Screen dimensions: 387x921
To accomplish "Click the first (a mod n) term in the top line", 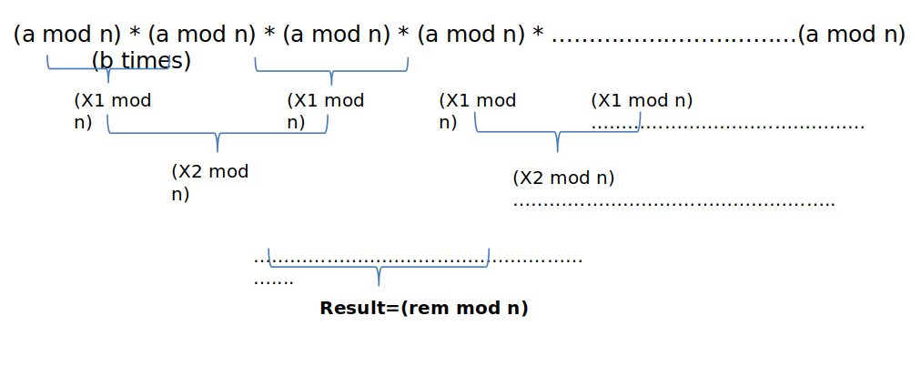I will point(66,35).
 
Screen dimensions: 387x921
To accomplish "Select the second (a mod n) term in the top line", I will point(201,35).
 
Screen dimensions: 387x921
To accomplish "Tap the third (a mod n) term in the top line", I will point(336,35).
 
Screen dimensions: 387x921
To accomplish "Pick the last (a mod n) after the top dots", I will point(851,35).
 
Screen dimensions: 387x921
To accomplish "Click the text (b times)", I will point(141,61).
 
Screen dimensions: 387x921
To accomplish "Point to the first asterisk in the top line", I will point(135,36).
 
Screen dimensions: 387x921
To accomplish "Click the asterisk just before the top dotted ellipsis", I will point(538,36).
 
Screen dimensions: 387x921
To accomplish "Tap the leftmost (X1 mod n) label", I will point(112,110).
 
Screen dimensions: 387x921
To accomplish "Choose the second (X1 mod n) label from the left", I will point(325,110).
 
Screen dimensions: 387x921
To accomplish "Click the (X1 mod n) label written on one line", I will point(642,100).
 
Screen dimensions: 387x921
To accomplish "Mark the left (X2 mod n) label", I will point(209,181).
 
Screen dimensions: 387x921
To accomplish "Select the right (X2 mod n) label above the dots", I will point(563,178).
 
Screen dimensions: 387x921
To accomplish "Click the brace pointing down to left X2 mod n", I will point(218,135).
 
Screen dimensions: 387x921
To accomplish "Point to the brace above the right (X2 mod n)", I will point(557,134).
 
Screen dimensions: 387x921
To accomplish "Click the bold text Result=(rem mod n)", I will point(424,308).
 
